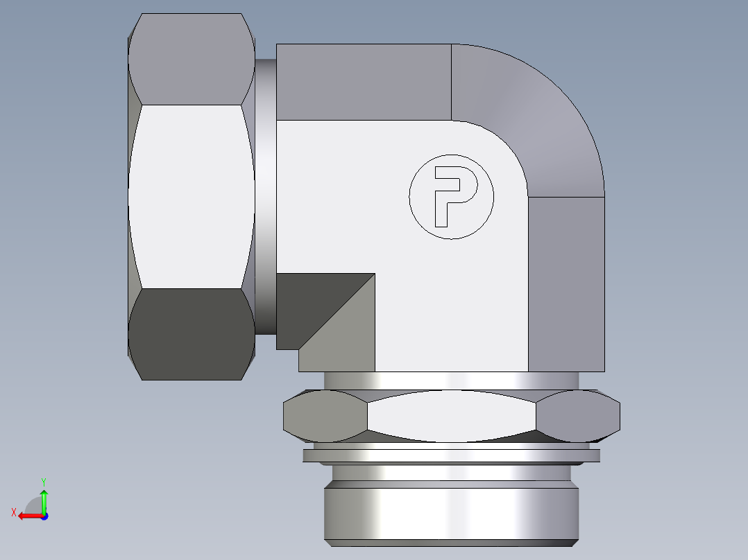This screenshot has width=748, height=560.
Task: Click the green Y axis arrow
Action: click(44, 498)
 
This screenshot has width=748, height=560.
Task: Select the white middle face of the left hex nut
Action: click(191, 196)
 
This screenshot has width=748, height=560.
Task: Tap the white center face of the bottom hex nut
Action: click(451, 416)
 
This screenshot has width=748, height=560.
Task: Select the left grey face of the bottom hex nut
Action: click(325, 416)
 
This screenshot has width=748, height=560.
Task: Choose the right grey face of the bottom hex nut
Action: click(578, 416)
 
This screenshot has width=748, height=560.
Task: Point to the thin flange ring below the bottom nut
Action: click(451, 455)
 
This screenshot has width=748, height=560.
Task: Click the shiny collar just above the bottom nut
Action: click(451, 380)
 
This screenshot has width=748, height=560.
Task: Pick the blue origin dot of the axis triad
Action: click(44, 516)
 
